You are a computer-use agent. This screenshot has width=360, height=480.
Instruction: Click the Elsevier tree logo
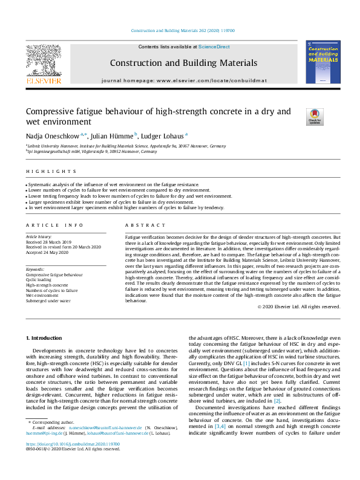(x=43, y=59)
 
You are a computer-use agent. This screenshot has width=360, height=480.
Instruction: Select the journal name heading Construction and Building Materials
(x=183, y=63)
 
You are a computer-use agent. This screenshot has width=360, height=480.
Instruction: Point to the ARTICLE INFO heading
(x=46, y=224)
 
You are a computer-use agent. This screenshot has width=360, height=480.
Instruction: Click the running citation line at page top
(x=183, y=30)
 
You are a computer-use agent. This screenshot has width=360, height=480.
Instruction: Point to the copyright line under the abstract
(x=299, y=306)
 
